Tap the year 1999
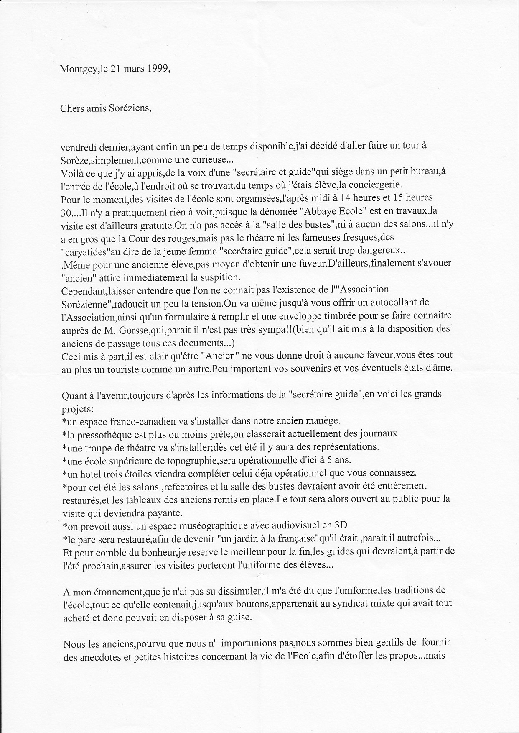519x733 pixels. (158, 69)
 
